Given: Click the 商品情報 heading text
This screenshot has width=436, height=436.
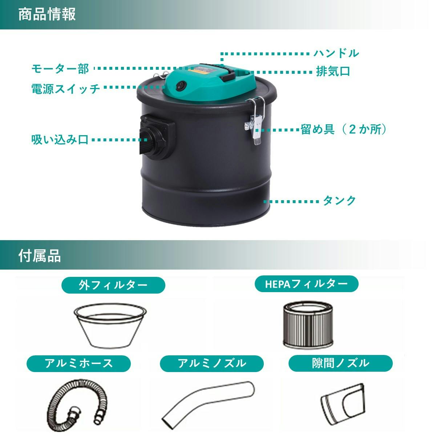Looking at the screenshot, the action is click(47, 14).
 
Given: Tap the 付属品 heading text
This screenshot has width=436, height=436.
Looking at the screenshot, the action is click(40, 256).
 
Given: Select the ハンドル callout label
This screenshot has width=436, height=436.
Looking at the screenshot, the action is click(336, 53).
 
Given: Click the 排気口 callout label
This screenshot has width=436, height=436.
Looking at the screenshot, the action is click(333, 71).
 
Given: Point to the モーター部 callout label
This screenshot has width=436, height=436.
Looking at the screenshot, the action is click(60, 69).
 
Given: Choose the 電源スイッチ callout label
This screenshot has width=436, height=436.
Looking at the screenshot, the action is click(66, 88).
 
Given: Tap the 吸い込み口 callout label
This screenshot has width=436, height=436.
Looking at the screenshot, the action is click(60, 140).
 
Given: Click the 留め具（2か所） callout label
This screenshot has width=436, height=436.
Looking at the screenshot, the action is click(343, 129).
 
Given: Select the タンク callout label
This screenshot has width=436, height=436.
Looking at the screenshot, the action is click(339, 201).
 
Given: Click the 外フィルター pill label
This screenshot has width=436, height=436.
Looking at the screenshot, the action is click(113, 285).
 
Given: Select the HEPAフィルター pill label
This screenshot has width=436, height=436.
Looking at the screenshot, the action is click(306, 284).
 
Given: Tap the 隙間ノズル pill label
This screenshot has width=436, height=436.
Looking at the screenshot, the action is click(340, 363).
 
